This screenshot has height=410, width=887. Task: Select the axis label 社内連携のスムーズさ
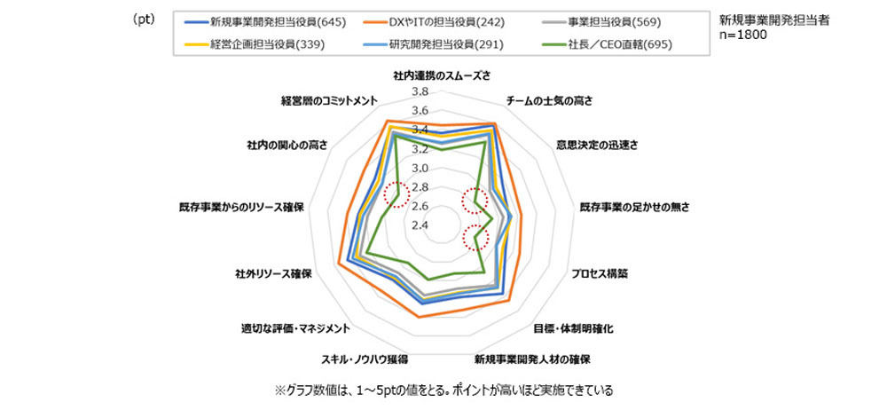(441, 75)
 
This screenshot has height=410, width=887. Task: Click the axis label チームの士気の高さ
(549, 101)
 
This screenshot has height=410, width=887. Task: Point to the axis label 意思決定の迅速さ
(597, 145)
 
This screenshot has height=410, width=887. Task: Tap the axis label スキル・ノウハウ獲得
(365, 359)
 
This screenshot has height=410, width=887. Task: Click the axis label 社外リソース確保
(274, 273)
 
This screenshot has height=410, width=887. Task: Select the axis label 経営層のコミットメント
(330, 101)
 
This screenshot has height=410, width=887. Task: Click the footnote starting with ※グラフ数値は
(444, 390)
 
